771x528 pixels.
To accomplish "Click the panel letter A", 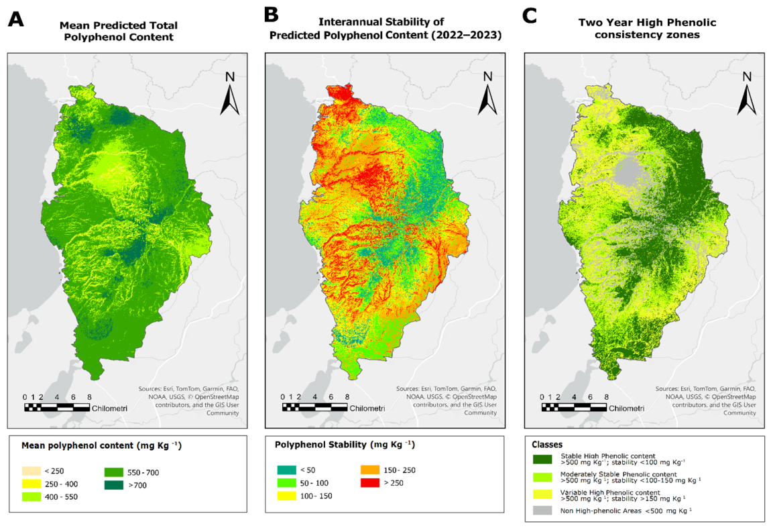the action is pyautogui.click(x=15, y=19).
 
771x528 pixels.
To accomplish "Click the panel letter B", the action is pyautogui.click(x=272, y=15).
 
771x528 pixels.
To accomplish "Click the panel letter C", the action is pyautogui.click(x=529, y=15).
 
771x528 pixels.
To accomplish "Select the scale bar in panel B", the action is pyautogui.click(x=314, y=407).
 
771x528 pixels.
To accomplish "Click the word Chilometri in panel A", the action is pyautogui.click(x=109, y=409).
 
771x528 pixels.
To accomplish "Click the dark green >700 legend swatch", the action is pyautogui.click(x=114, y=484).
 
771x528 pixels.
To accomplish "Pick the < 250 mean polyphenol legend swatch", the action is pyautogui.click(x=32, y=471).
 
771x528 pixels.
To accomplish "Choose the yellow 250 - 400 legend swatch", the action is pyautogui.click(x=32, y=484).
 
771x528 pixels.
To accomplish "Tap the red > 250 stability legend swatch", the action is pyautogui.click(x=370, y=483).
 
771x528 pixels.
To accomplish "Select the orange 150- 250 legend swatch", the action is pyautogui.click(x=370, y=470).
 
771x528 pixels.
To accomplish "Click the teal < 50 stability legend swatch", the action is pyautogui.click(x=287, y=470).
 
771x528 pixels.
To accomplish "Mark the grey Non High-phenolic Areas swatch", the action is pyautogui.click(x=542, y=511).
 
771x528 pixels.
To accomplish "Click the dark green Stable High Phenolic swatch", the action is pyautogui.click(x=542, y=459).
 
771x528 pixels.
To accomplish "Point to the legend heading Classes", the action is pyautogui.click(x=547, y=444).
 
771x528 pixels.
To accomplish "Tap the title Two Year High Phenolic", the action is pyautogui.click(x=647, y=23).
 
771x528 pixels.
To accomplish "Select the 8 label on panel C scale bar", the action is pyautogui.click(x=606, y=397).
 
